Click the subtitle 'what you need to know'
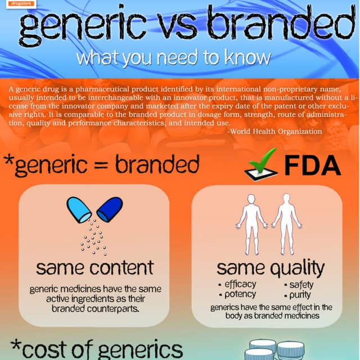click(x=174, y=57)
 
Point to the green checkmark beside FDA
click(x=262, y=164)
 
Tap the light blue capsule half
click(x=78, y=210)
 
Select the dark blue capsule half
click(x=110, y=209)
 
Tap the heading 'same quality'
click(x=271, y=267)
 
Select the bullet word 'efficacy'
click(x=240, y=284)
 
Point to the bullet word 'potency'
click(x=240, y=294)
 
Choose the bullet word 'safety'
click(x=301, y=285)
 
